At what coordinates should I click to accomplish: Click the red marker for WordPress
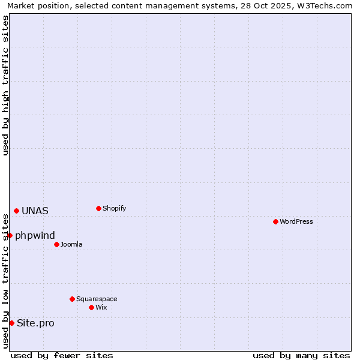(x=275, y=221)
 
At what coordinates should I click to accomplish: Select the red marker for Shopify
(x=98, y=208)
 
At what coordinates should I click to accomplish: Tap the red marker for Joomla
(x=56, y=244)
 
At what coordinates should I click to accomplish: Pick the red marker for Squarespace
(x=72, y=299)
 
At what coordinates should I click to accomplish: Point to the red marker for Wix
(x=91, y=307)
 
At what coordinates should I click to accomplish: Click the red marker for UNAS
(x=16, y=211)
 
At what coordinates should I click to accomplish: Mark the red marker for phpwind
(x=10, y=235)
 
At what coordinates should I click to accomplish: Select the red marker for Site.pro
(x=11, y=323)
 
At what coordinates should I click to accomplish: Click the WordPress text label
(x=296, y=221)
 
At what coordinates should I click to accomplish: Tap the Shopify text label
(x=114, y=208)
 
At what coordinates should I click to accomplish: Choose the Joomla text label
(x=71, y=244)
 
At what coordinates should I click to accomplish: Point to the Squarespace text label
(x=97, y=299)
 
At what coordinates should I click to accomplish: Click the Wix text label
(x=101, y=307)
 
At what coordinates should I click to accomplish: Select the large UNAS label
(x=35, y=211)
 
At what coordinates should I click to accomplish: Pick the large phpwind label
(x=35, y=235)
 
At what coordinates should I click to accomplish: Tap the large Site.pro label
(x=35, y=323)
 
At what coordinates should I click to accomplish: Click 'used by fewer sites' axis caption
(x=62, y=355)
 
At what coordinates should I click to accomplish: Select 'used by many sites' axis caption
(x=301, y=355)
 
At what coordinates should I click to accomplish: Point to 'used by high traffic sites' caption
(x=5, y=85)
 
